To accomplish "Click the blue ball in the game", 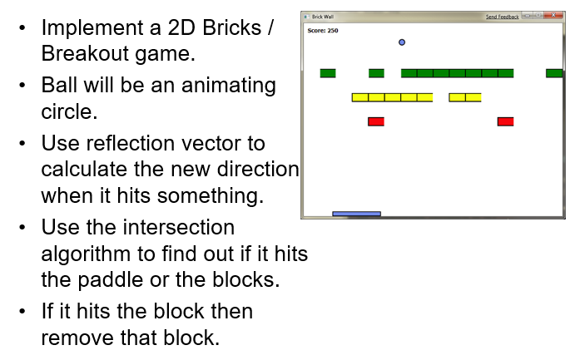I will (402, 42).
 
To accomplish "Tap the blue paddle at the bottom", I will (356, 214).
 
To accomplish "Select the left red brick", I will (376, 121).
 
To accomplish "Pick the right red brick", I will (505, 121).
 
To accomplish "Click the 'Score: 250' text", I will (323, 31).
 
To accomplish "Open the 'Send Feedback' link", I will (502, 17).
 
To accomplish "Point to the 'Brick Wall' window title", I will (322, 17).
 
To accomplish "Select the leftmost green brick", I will (328, 73).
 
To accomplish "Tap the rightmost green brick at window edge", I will (554, 73).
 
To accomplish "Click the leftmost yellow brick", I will (359, 97).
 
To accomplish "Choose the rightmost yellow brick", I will (473, 97).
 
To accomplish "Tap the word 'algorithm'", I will (89, 254).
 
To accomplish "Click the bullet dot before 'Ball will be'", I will (22, 86).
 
